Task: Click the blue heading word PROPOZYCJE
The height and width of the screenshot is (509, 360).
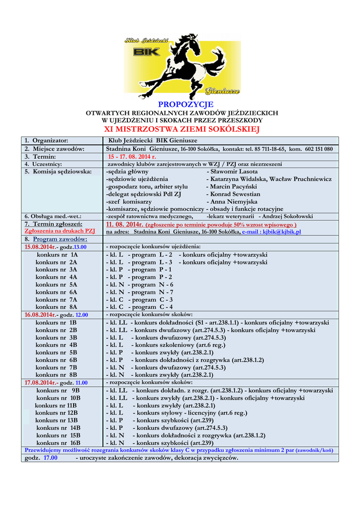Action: (x=185, y=104)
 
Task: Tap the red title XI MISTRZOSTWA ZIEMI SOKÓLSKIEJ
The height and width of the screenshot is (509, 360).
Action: (x=181, y=130)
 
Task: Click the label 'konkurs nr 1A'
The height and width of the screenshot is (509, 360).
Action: (x=57, y=254)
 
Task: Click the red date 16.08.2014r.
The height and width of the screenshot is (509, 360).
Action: (x=40, y=315)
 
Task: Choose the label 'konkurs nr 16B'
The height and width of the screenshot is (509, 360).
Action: (x=59, y=442)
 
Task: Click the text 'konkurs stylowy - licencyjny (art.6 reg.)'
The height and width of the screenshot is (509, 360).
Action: (x=192, y=413)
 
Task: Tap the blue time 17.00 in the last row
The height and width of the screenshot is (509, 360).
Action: (x=50, y=458)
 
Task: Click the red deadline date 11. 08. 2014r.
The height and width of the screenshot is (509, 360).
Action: (x=124, y=224)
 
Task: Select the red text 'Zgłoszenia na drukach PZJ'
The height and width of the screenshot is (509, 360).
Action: (x=60, y=231)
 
